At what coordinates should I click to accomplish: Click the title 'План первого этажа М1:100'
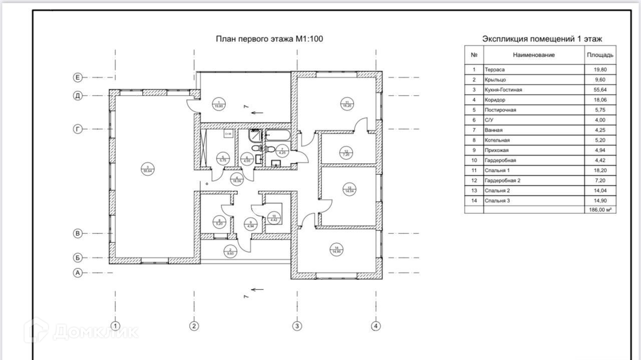pos(269,39)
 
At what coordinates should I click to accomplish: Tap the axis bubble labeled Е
pos(78,77)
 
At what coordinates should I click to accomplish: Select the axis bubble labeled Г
pos(78,129)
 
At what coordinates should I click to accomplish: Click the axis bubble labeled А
pos(78,273)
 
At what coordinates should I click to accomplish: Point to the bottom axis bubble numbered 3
pos(297,326)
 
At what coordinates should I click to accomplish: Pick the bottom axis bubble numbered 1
pos(116,326)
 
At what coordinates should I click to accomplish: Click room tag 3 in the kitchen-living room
pos(148,169)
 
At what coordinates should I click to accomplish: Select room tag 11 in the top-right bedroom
pos(346,104)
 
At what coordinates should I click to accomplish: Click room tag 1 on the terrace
pos(219,104)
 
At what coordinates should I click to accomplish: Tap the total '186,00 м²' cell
pos(600,210)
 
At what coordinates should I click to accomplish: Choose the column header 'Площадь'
pos(600,55)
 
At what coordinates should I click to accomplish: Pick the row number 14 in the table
pos(474,200)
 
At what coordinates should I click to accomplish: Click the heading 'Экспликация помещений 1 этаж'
pos(542,39)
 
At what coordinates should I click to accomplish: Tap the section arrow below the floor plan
pos(257,289)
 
